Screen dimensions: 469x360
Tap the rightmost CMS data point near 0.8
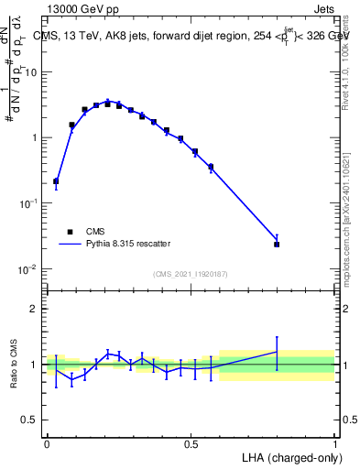pyautogui.click(x=277, y=245)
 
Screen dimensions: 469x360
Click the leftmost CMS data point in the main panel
pyautogui.click(x=56, y=181)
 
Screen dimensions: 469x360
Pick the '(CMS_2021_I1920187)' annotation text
pyautogui.click(x=190, y=274)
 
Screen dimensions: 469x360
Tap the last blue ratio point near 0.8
pyautogui.click(x=277, y=351)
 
